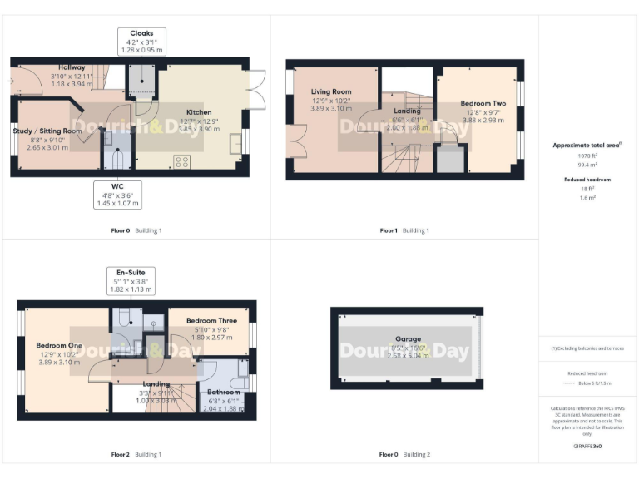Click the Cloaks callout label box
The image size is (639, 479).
(x=141, y=42)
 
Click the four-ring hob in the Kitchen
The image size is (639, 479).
(x=182, y=161)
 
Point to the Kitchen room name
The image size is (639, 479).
(x=199, y=112)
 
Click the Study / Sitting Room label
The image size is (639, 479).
(x=47, y=131)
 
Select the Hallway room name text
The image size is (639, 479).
(x=72, y=67)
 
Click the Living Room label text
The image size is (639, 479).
(x=331, y=91)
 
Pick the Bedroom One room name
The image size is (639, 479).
(x=58, y=345)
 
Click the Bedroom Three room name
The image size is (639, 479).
(x=211, y=320)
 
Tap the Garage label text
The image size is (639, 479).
(x=407, y=339)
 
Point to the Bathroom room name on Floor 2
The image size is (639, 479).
(x=223, y=392)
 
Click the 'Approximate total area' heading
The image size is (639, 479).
(x=587, y=145)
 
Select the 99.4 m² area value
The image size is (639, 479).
(x=587, y=165)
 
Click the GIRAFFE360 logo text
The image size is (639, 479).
(x=587, y=447)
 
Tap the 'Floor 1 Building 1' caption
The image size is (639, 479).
(x=404, y=230)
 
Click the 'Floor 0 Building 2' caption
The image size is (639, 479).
(x=404, y=455)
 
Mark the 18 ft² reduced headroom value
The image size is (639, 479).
(x=587, y=189)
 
